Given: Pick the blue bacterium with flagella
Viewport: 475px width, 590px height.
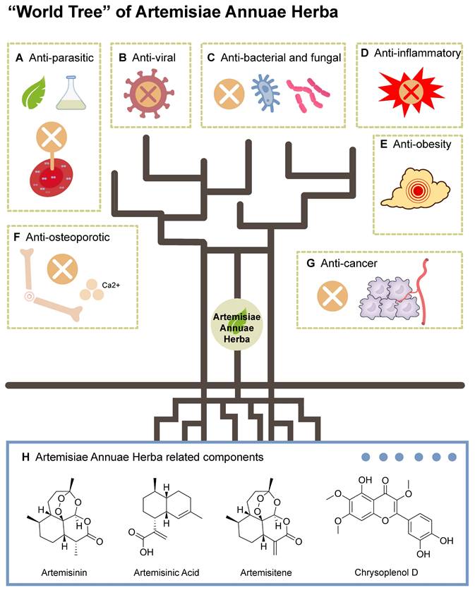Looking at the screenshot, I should click(265, 94).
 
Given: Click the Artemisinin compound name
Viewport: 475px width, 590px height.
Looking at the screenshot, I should click(53, 569).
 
